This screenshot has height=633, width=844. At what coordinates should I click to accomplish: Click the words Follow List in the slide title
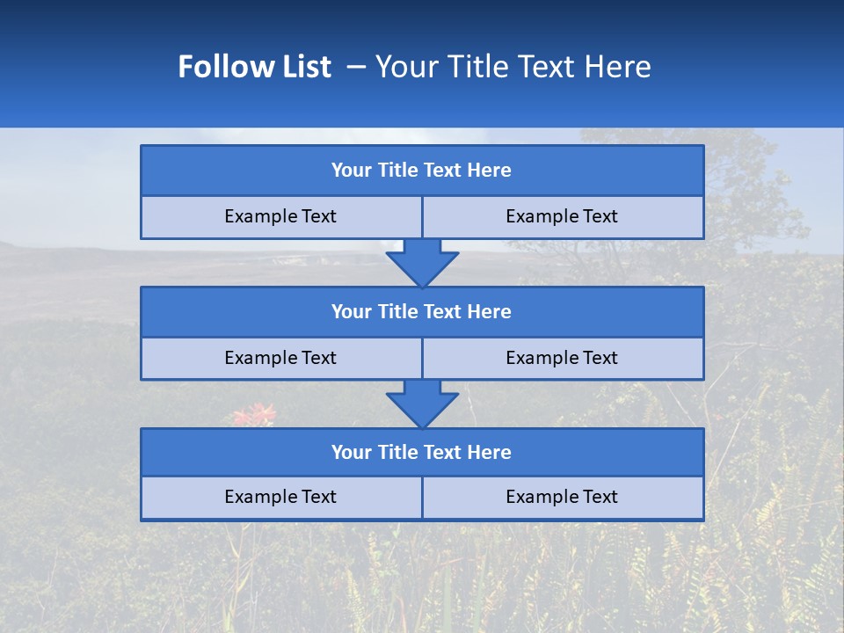click(x=255, y=67)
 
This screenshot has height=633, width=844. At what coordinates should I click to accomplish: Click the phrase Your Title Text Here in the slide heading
click(x=513, y=67)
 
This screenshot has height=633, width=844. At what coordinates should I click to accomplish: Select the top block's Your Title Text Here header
click(x=421, y=171)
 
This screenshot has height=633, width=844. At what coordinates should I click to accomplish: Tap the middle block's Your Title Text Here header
click(x=421, y=311)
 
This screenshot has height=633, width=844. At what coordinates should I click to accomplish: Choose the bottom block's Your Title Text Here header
click(x=421, y=452)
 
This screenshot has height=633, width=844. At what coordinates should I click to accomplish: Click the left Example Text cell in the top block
click(x=280, y=216)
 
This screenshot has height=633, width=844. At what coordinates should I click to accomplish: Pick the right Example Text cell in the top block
click(x=562, y=216)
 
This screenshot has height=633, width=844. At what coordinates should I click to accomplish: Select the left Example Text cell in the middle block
click(x=280, y=358)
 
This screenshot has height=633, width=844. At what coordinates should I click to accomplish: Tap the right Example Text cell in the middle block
click(x=562, y=358)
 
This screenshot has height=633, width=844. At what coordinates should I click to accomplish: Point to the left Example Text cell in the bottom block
click(x=280, y=497)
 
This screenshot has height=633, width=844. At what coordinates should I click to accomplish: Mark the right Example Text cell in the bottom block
click(x=562, y=497)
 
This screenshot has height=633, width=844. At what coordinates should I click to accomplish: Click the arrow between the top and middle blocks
click(x=422, y=262)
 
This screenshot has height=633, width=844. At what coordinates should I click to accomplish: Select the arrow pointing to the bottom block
click(x=422, y=404)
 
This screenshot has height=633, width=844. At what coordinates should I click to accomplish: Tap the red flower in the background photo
click(x=254, y=413)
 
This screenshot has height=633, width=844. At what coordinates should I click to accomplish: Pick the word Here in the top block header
click(x=490, y=171)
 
